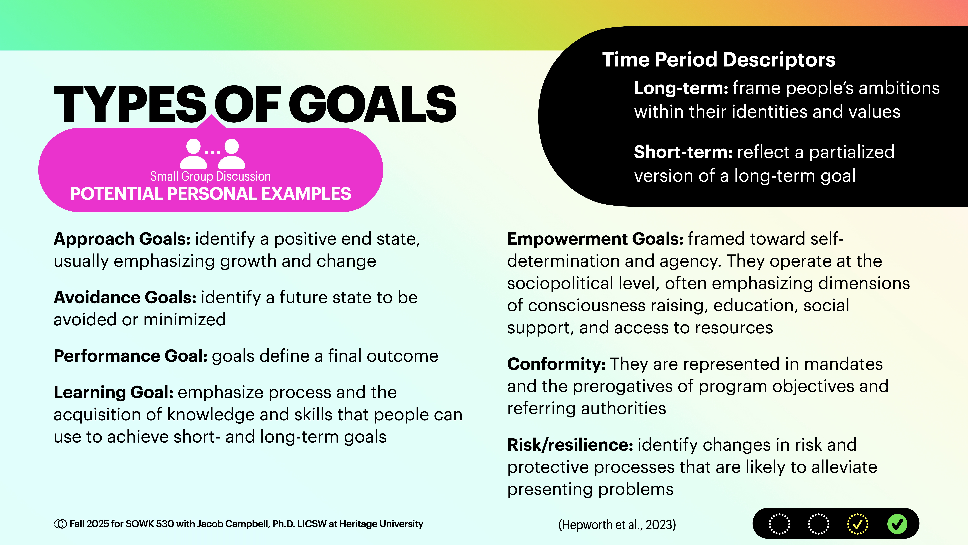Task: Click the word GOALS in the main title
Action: (372, 104)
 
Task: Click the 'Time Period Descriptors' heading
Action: (719, 60)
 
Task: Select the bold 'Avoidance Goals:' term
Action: (125, 298)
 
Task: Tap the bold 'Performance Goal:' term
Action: (130, 356)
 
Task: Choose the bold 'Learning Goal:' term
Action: (113, 392)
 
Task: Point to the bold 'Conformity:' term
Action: (556, 364)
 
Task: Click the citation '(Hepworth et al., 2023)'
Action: (617, 524)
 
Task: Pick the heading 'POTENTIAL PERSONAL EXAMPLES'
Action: (210, 194)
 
